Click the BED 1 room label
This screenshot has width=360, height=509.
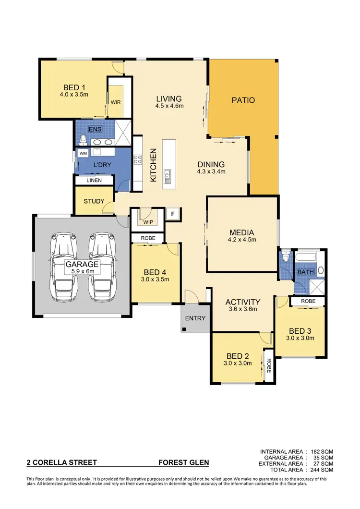coord(74,87)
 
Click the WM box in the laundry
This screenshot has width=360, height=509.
coord(83,153)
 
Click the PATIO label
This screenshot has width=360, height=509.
coord(243,100)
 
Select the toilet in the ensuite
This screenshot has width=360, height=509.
coord(84,140)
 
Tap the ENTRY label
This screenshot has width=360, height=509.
coord(195,318)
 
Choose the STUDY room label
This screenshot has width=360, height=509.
coord(94,201)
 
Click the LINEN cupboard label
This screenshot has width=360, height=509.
coord(94,181)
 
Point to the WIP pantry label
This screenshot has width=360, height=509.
coord(147,222)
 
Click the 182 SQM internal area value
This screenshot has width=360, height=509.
coord(322,452)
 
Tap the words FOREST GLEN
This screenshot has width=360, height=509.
coord(184,463)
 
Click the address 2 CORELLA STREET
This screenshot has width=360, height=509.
coord(61,463)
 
